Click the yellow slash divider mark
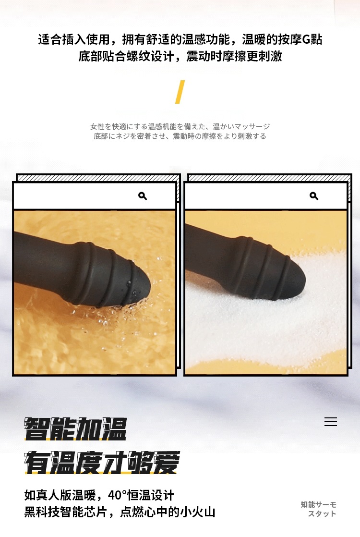click(180, 92)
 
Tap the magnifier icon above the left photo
click(143, 196)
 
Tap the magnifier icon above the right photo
click(314, 196)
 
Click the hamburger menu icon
click(331, 422)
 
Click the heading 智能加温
click(75, 429)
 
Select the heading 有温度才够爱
click(102, 463)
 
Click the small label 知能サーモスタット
click(319, 509)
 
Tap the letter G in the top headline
click(306, 40)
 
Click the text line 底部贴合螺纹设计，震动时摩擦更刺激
click(180, 56)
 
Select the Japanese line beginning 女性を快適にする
click(180, 126)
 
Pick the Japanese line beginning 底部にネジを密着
click(180, 136)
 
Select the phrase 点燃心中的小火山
click(168, 512)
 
